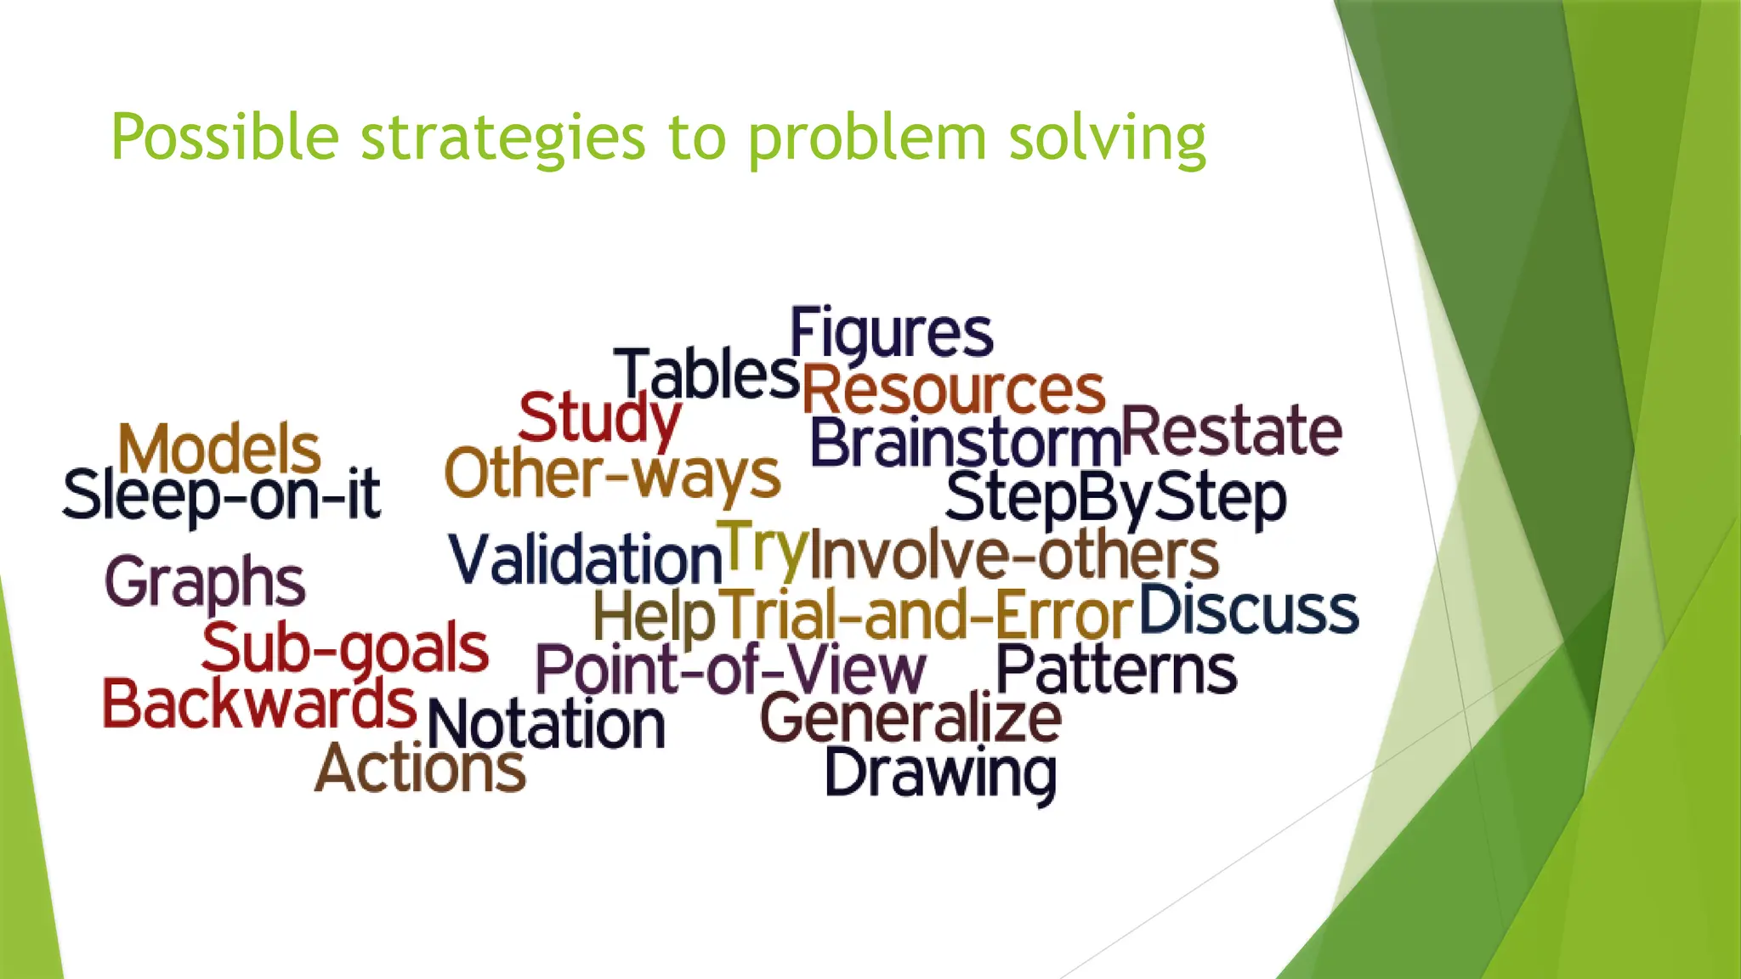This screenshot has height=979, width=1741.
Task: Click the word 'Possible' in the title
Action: click(224, 139)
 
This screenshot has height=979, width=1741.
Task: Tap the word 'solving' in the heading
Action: click(1107, 139)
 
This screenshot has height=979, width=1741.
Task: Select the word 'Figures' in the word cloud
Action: click(891, 333)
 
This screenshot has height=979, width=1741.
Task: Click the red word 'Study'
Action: click(598, 418)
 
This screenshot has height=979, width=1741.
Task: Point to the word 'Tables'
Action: click(707, 375)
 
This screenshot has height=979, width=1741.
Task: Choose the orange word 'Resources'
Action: click(953, 391)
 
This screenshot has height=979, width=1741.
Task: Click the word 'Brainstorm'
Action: click(965, 444)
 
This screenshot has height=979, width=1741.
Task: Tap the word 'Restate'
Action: click(1231, 432)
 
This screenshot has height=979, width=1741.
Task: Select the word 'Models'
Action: click(219, 450)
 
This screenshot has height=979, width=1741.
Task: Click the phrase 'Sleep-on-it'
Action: click(221, 495)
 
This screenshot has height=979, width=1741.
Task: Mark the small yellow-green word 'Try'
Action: click(762, 548)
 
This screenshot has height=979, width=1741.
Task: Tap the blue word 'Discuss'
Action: click(1248, 610)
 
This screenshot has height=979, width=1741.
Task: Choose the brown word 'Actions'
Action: click(420, 768)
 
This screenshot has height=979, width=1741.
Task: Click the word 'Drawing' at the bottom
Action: click(940, 773)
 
